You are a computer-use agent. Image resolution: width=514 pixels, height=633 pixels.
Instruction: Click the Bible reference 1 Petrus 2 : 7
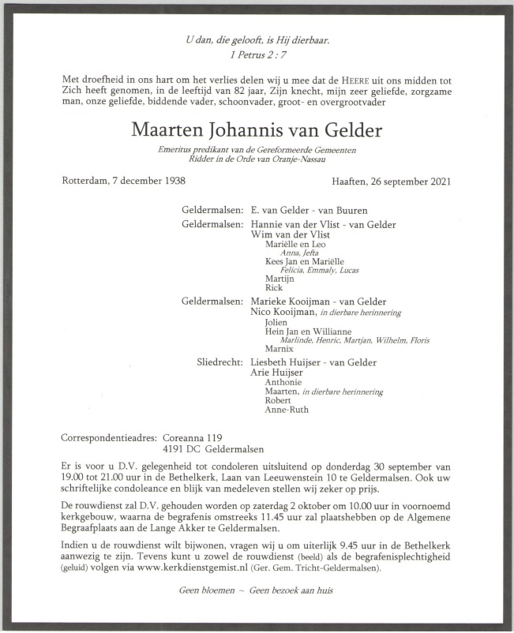tap(256, 55)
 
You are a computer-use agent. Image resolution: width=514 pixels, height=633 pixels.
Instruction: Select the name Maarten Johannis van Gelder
tap(257, 129)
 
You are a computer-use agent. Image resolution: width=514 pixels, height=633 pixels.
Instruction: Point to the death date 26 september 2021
tap(408, 181)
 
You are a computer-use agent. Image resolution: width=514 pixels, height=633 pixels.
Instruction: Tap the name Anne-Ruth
tap(287, 410)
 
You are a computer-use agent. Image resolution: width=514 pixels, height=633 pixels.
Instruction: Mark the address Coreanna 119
tap(193, 437)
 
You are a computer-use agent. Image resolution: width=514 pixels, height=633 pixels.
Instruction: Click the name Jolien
tap(277, 321)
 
